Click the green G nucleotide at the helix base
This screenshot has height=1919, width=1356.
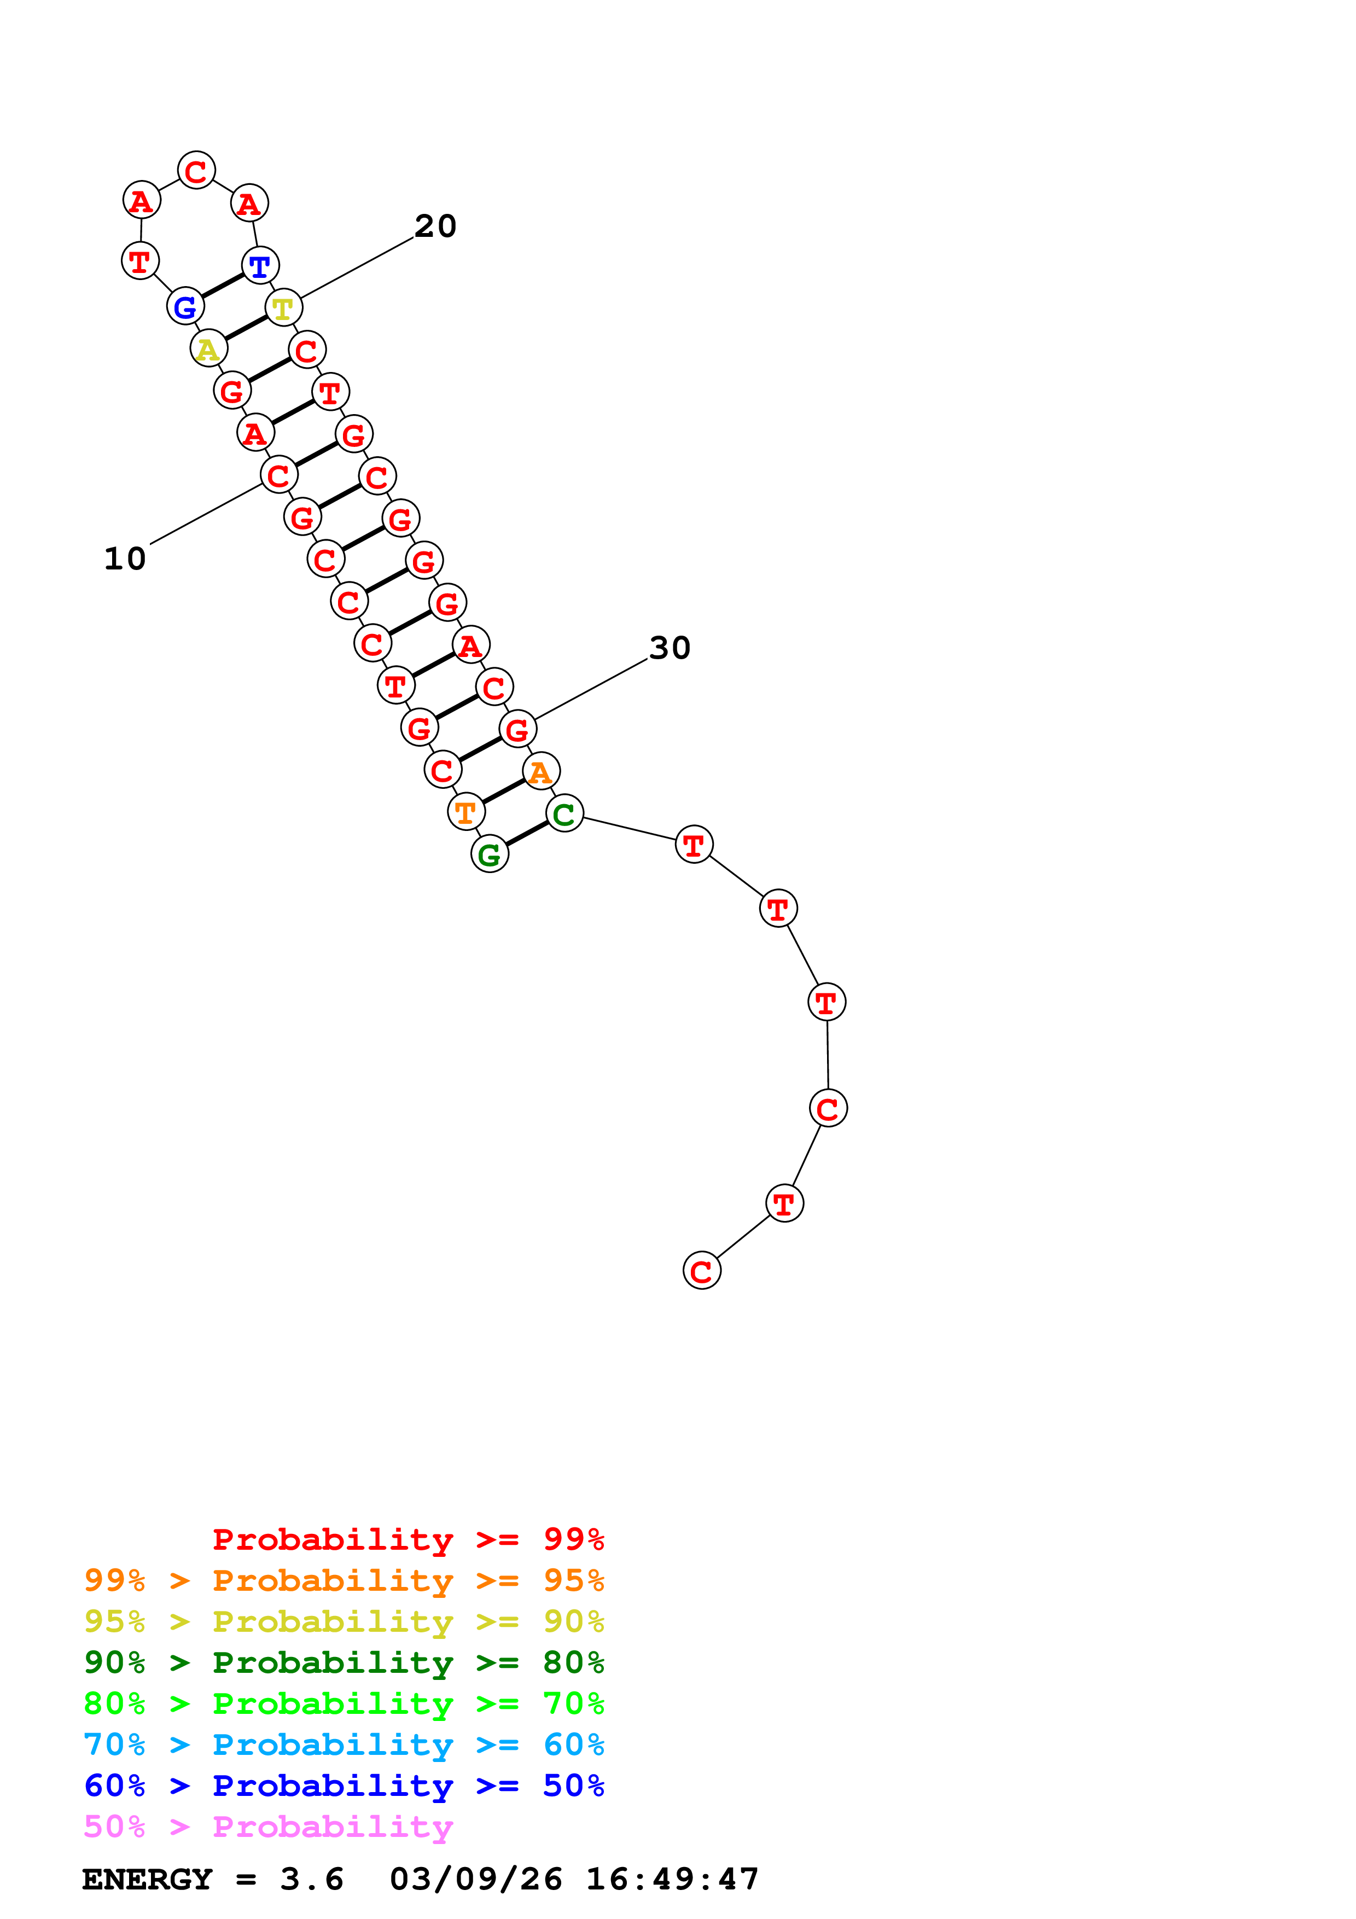tap(490, 854)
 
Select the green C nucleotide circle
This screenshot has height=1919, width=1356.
tap(565, 813)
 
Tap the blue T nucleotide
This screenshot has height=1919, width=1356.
tap(260, 266)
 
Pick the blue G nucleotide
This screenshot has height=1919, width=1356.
tap(185, 307)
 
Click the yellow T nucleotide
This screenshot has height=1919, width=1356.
tap(283, 309)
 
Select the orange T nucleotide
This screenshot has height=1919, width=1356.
tap(465, 812)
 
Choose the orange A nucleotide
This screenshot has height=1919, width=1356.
tap(540, 771)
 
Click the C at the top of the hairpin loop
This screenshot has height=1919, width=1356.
tap(196, 171)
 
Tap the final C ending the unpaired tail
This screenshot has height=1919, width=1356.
tap(702, 1271)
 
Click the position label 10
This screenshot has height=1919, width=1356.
tap(125, 559)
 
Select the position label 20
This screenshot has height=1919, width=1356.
tap(435, 226)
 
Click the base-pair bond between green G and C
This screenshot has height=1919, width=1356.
tap(527, 833)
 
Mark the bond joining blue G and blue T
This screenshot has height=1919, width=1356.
tap(222, 286)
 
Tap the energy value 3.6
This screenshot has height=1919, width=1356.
tap(312, 1880)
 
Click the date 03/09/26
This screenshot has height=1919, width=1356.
tap(475, 1880)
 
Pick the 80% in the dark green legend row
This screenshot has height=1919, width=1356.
tap(573, 1662)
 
